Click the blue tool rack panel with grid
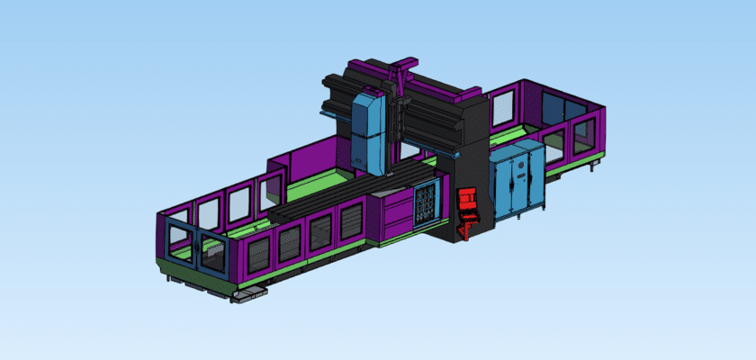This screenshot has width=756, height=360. click(x=426, y=205)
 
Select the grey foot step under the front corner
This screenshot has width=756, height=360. click(x=245, y=295)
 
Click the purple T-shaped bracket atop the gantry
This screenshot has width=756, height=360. click(x=400, y=67)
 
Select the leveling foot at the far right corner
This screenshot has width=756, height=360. click(x=591, y=166)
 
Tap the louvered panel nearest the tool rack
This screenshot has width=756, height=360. click(x=351, y=222)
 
